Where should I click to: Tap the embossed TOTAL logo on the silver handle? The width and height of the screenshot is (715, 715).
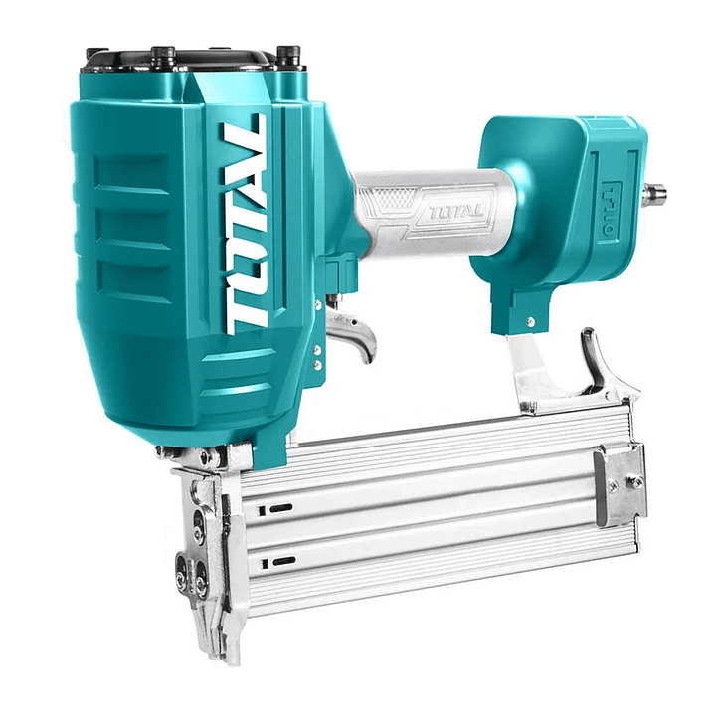pos(457,211)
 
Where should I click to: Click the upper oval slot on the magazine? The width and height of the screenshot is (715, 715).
pos(280,507)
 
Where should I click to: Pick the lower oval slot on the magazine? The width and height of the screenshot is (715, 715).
pos(283,561)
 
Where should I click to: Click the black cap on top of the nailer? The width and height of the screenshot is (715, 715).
pos(181,61)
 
